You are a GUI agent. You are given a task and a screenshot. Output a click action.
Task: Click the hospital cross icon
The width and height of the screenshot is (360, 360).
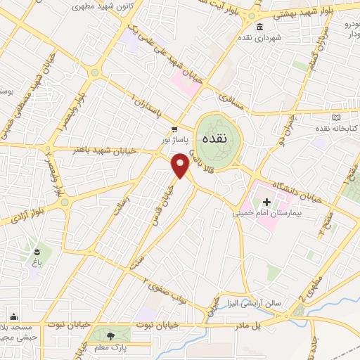[x=266, y=202]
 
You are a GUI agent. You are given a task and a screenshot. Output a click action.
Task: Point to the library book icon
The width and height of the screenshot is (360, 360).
[x=336, y=117]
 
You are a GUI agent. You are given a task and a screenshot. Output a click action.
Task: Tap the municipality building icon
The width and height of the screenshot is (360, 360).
[x=259, y=27]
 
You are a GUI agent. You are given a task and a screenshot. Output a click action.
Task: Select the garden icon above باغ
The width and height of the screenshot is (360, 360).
[x=37, y=250]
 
